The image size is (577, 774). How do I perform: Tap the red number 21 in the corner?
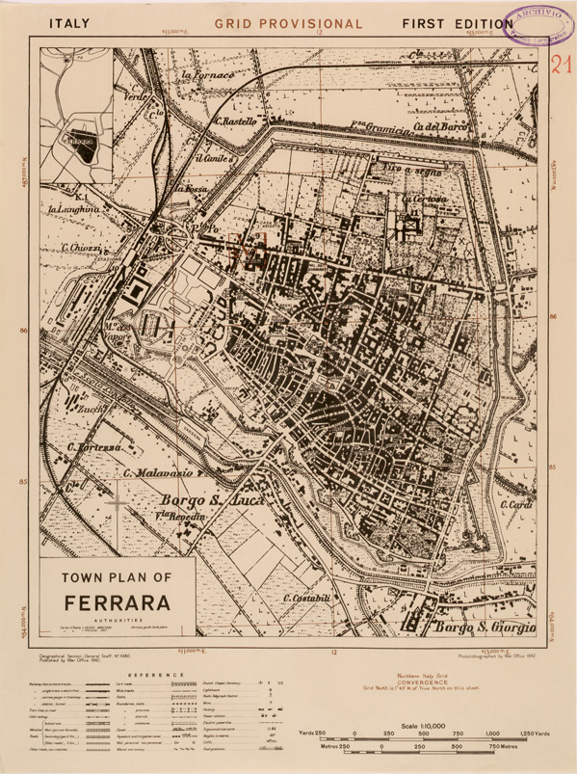pyautogui.click(x=561, y=66)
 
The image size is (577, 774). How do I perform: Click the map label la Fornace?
pyautogui.click(x=208, y=73)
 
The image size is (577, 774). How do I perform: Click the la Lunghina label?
pyautogui.click(x=73, y=208)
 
